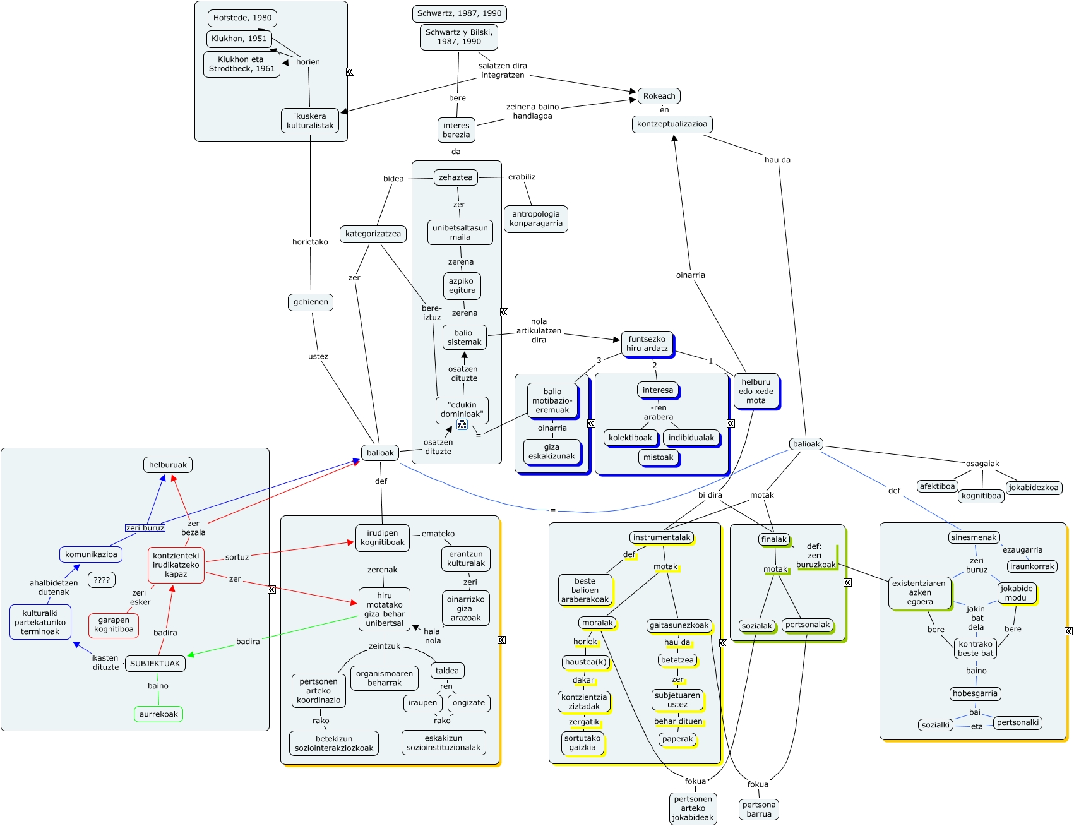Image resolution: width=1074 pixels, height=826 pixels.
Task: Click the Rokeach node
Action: point(659,96)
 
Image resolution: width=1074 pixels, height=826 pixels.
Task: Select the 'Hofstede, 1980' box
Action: point(242,18)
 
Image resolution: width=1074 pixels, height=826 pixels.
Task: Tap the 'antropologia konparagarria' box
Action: point(536,219)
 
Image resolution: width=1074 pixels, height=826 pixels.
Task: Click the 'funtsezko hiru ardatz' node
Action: point(647,344)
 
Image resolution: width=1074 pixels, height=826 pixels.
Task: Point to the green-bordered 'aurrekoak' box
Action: point(158,714)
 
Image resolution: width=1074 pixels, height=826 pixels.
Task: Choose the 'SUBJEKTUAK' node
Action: point(155,664)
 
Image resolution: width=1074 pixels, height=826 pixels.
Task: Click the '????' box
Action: point(102,580)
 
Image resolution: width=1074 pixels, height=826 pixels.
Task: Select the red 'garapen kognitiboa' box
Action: point(114,625)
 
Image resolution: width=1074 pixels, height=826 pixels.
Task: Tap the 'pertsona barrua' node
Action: point(759,810)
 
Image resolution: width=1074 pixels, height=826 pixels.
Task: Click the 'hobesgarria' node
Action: point(975,694)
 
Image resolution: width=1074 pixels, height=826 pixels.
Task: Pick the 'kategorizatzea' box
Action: point(373,234)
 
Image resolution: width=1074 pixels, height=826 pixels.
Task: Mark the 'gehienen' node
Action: point(311,302)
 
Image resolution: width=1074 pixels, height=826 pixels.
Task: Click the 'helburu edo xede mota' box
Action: point(756,392)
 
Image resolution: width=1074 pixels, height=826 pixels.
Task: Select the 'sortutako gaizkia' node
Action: point(582,743)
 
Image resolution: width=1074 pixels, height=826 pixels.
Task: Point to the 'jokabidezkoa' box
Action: point(1034,488)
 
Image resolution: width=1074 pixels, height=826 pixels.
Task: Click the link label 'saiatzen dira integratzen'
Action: point(503,70)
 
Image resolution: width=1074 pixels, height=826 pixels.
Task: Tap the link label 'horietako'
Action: point(310,242)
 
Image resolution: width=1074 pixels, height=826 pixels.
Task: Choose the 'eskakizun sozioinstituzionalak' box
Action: point(443,743)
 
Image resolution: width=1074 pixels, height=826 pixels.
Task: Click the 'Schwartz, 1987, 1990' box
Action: point(459,13)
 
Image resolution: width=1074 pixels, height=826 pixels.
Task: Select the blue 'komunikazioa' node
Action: point(91,554)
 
